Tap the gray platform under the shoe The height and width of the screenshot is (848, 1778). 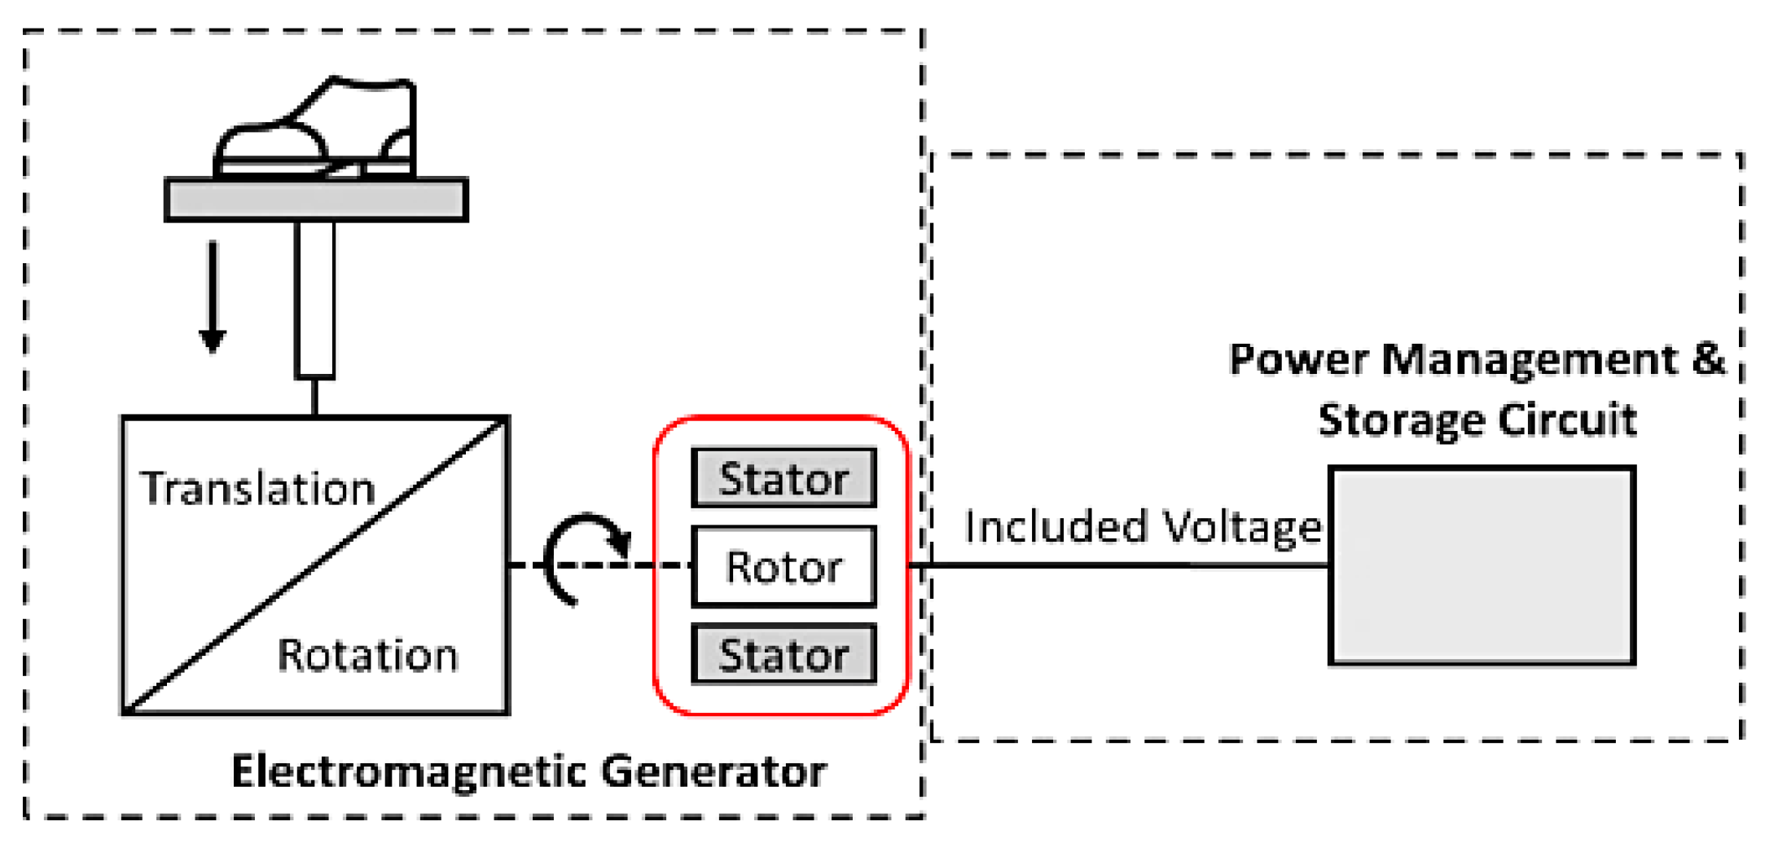316,200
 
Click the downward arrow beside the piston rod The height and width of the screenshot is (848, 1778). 213,297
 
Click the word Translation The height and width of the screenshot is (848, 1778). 257,489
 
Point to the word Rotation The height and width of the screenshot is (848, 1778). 367,655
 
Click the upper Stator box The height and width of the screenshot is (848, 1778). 784,478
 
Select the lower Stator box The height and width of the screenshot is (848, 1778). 784,654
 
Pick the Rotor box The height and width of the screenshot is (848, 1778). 784,567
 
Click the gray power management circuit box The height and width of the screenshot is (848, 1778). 1482,566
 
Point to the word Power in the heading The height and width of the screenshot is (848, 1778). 1297,359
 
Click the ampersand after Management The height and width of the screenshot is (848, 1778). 1708,358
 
